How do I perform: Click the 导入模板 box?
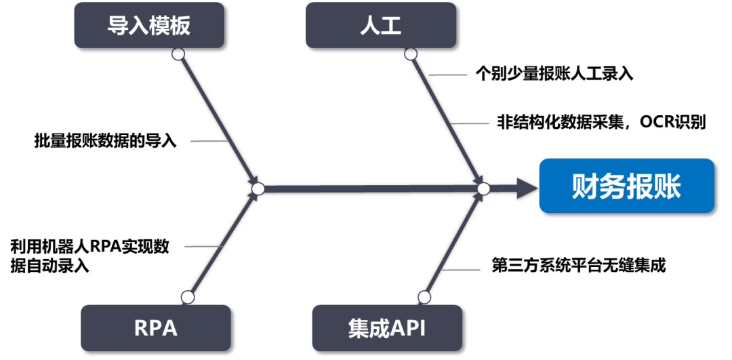pyautogui.click(x=148, y=25)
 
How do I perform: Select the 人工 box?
pyautogui.click(x=380, y=25)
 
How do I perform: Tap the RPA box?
pyautogui.click(x=155, y=327)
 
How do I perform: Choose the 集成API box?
pyautogui.click(x=386, y=327)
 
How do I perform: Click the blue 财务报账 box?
pyautogui.click(x=626, y=186)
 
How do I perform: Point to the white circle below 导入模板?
pyautogui.click(x=178, y=54)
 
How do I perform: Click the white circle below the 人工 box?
pyautogui.click(x=410, y=54)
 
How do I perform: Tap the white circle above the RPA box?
pyautogui.click(x=188, y=297)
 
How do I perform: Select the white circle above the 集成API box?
pyautogui.click(x=424, y=297)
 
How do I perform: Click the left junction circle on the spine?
pyautogui.click(x=258, y=188)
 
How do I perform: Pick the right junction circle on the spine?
pyautogui.click(x=483, y=188)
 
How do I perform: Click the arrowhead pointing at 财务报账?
pyautogui.click(x=526, y=188)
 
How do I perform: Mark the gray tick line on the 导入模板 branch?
pyautogui.click(x=209, y=141)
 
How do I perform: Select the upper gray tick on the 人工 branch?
pyautogui.click(x=448, y=75)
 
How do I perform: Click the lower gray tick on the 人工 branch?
pyautogui.click(x=470, y=123)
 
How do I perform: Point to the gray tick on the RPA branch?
pyautogui.click(x=203, y=247)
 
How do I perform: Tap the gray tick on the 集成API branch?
pyautogui.click(x=461, y=270)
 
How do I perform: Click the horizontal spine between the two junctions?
pyautogui.click(x=370, y=188)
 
